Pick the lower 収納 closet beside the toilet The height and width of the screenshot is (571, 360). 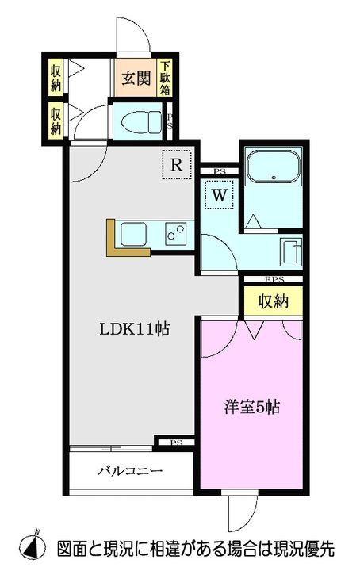(56, 118)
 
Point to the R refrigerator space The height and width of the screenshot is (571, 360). (178, 166)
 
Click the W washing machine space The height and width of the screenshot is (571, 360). (219, 194)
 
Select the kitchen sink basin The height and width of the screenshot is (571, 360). (132, 235)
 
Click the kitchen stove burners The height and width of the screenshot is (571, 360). (176, 234)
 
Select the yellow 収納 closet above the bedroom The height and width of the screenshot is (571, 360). (271, 301)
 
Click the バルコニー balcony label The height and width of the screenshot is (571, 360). (130, 470)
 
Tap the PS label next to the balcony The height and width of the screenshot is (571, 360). (175, 442)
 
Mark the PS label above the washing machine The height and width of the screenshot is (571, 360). (220, 171)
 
